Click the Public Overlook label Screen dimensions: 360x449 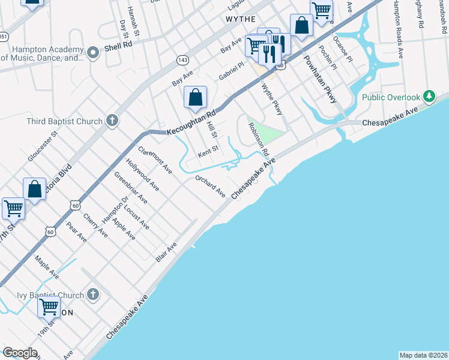tap(390, 97)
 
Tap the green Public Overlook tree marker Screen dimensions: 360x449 tap(429, 97)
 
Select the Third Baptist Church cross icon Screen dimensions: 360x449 tap(111, 121)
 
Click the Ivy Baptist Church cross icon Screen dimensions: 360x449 tap(92, 295)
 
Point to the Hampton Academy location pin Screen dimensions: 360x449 tap(92, 53)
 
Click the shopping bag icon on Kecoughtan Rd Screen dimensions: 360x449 tap(196, 97)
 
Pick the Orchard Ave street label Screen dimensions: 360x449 tap(209, 187)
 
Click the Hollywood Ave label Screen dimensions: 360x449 tap(142, 174)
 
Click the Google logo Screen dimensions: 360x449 tap(20, 353)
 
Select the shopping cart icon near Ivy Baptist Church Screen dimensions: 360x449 tap(49, 307)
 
